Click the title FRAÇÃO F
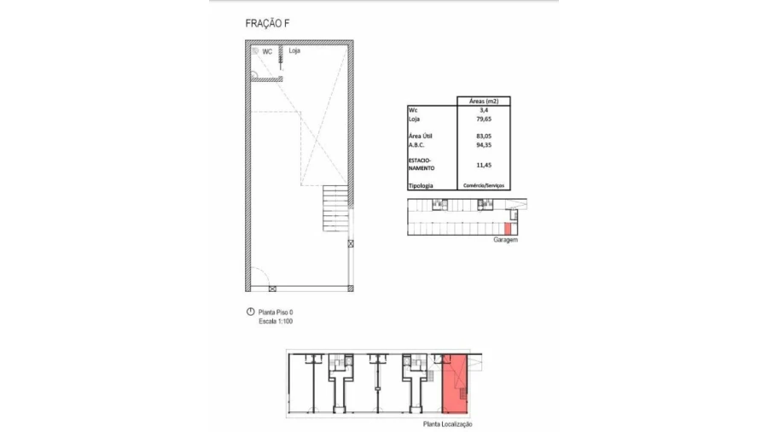267,24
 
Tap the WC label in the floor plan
267,51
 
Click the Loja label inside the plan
294,50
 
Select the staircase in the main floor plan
335,208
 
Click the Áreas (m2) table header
484,102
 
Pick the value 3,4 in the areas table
484,110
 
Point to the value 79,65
484,119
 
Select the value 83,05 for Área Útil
484,136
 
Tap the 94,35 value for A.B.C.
484,145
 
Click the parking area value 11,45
484,165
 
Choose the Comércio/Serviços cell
484,185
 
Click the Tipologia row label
421,185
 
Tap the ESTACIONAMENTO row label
422,164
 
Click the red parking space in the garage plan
508,228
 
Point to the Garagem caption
505,240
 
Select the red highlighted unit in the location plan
455,384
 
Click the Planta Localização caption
448,424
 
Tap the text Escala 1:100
276,321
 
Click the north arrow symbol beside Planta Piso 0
250,312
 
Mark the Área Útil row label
420,136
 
